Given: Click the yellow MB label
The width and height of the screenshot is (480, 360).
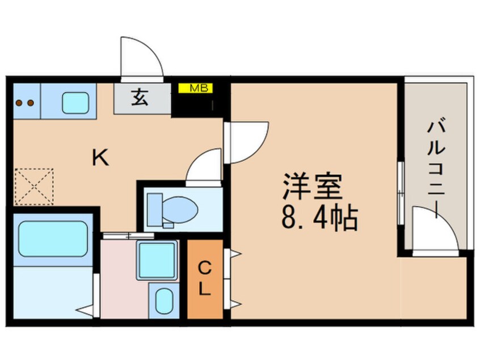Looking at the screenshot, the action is click(x=195, y=88).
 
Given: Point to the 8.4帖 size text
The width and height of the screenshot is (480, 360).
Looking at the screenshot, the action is click(x=319, y=219).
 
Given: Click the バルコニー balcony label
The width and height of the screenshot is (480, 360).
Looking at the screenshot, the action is click(x=436, y=168).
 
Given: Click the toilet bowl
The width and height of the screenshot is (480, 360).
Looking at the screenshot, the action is click(x=179, y=210).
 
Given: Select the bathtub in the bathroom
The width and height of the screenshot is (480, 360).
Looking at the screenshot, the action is click(x=53, y=238).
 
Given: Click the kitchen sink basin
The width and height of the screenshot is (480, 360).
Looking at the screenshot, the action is click(x=75, y=103).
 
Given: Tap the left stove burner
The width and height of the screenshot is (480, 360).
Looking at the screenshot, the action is click(x=19, y=103).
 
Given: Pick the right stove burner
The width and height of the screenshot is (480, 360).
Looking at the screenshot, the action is click(x=30, y=103).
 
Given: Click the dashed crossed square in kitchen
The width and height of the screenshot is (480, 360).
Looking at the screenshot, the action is click(x=34, y=186).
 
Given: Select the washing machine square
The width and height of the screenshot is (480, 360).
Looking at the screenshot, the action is click(x=157, y=261).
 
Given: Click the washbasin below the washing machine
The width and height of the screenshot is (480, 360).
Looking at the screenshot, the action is click(x=164, y=301).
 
